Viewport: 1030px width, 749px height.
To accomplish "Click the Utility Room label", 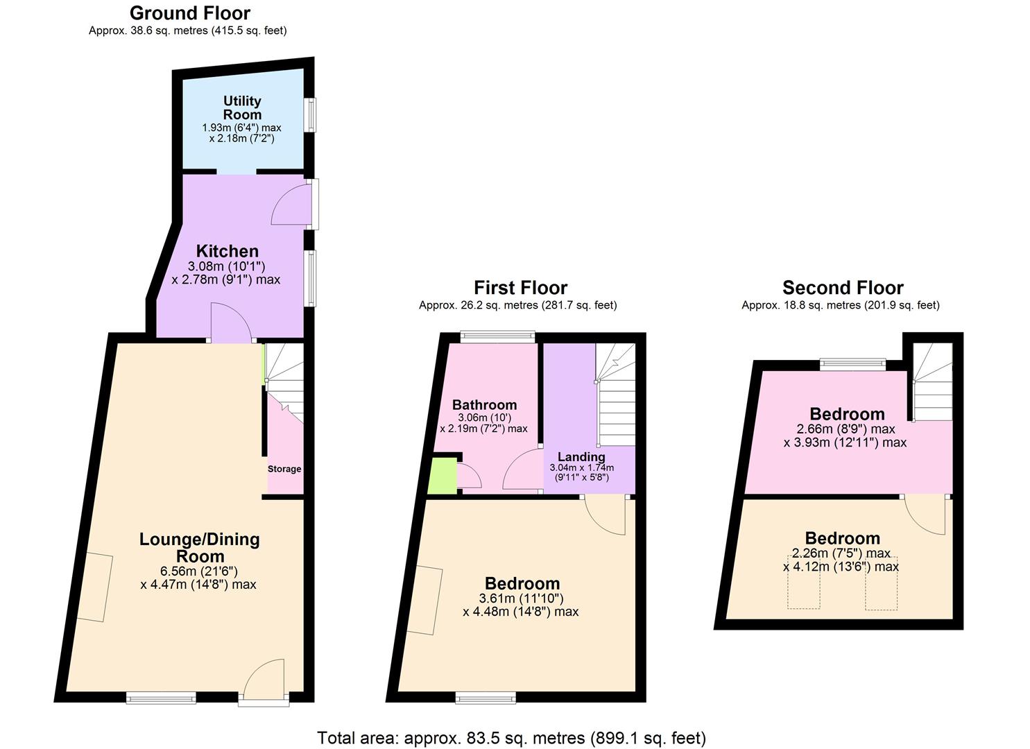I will point(242,108).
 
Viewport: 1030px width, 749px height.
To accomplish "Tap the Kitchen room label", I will point(227,251).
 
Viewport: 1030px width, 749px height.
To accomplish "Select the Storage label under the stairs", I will point(284,469).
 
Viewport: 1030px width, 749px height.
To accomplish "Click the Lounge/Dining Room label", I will point(199,547).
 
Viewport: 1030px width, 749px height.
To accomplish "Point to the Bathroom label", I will point(484,405).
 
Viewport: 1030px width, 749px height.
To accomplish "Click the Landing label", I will point(581,456).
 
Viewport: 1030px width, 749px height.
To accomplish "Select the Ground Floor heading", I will point(189,12).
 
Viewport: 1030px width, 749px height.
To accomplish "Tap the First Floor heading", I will point(520,287).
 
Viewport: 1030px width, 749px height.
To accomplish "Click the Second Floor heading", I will point(843,287).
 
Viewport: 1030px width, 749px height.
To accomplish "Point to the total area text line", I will point(511,737).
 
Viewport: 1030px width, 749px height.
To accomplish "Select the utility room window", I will point(311,115).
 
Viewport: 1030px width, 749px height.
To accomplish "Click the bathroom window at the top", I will point(497,338).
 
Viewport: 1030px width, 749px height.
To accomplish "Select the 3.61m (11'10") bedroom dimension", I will point(520,599).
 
